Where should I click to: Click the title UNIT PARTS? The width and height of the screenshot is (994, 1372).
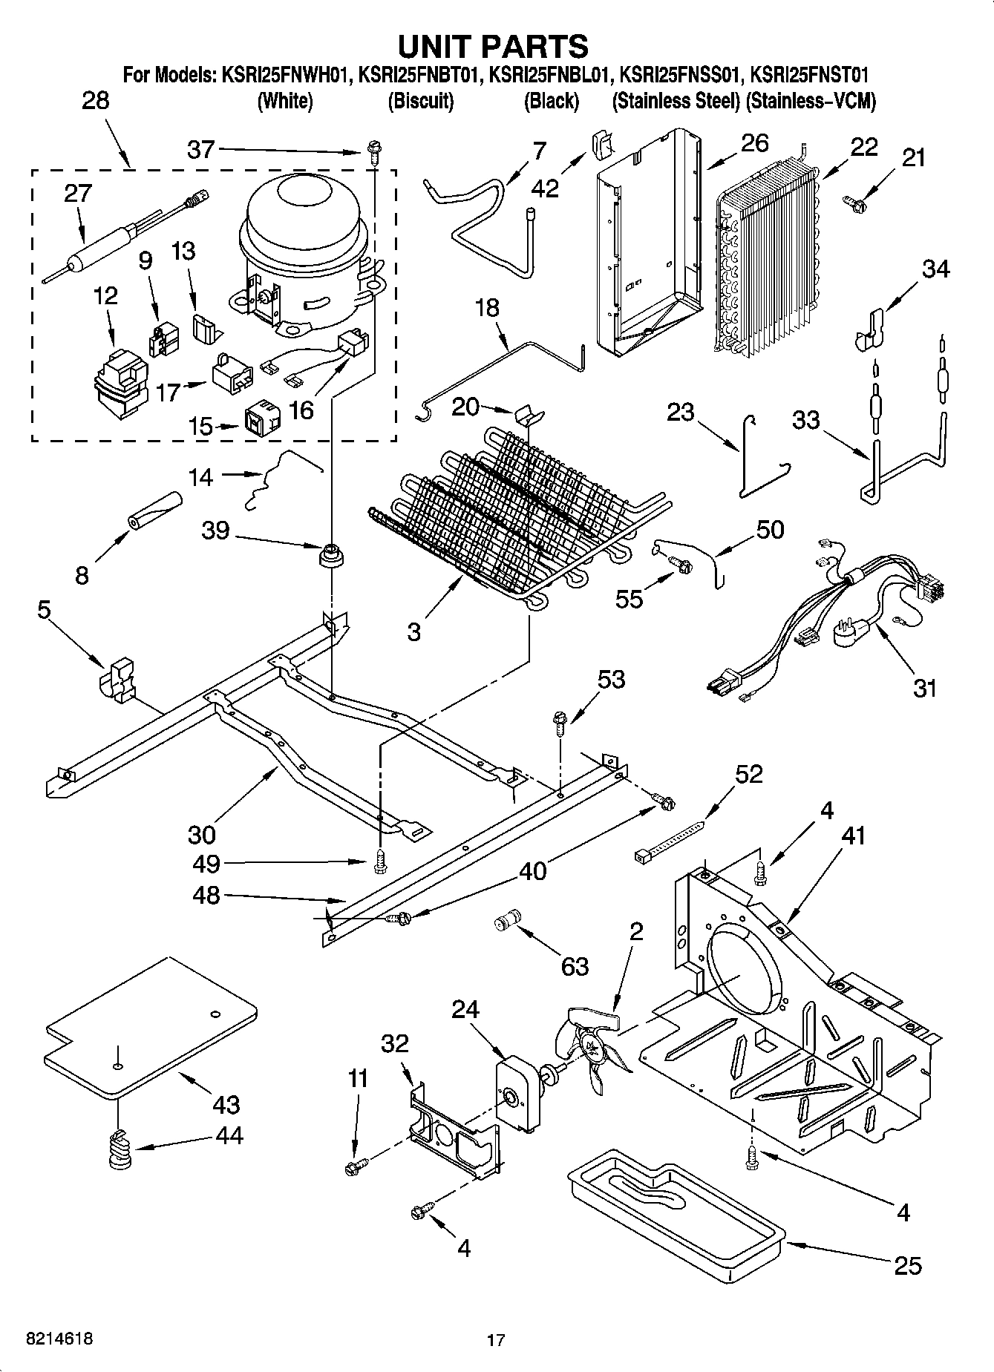(x=494, y=46)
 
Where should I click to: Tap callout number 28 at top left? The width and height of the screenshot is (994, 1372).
(x=95, y=100)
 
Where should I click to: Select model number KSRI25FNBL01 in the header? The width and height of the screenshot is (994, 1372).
(x=551, y=75)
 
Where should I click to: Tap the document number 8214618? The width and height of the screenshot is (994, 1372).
(x=59, y=1339)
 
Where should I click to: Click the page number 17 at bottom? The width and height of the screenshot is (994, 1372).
(x=496, y=1340)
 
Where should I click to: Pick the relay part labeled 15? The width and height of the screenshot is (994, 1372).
(x=263, y=421)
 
